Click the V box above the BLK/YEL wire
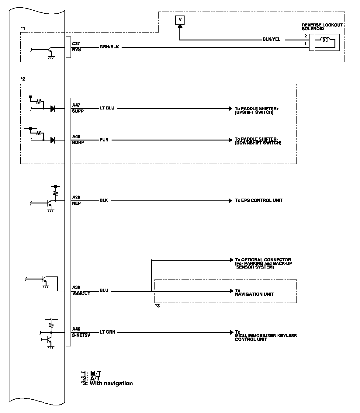(180, 20)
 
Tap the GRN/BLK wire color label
(109, 47)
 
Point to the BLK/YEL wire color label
(272, 40)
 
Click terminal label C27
(76, 44)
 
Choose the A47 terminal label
(76, 105)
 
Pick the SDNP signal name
(78, 143)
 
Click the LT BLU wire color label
(107, 108)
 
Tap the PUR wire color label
(104, 140)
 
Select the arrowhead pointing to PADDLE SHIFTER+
(230, 108)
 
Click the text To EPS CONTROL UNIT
(259, 200)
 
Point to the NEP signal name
(76, 203)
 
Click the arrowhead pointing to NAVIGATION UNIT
(231, 291)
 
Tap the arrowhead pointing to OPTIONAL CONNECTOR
(231, 260)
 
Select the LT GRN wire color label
(107, 332)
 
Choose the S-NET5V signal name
(81, 335)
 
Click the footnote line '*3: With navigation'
(107, 383)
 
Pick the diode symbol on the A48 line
(53, 140)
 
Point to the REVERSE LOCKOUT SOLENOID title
(322, 27)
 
